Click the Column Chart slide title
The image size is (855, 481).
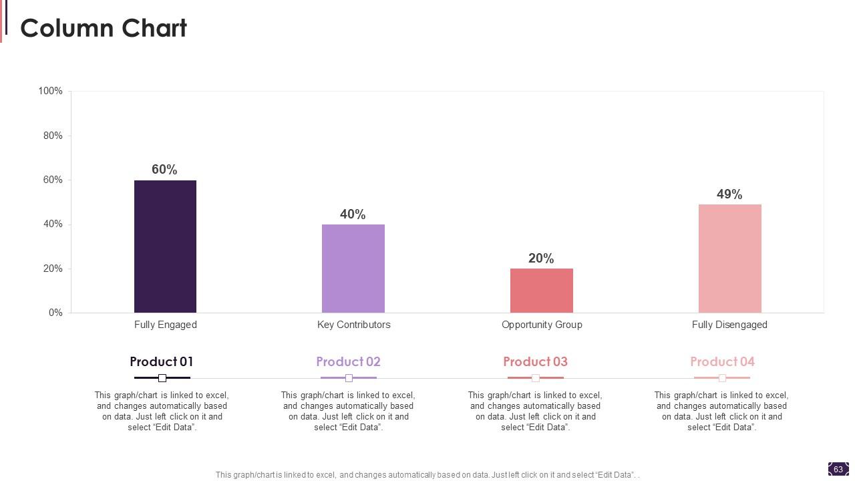(104, 28)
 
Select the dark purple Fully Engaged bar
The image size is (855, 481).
(165, 247)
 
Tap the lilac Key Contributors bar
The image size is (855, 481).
(353, 269)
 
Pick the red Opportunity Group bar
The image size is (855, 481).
(541, 291)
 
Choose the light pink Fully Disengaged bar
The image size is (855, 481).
(729, 259)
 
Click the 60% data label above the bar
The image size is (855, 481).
(164, 170)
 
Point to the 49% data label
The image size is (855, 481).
(729, 194)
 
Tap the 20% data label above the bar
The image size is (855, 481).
(541, 259)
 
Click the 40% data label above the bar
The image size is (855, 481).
(353, 214)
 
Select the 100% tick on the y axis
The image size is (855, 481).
(51, 91)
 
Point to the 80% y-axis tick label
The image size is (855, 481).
(53, 136)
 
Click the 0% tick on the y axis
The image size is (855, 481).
(55, 313)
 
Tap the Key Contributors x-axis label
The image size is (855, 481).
(353, 325)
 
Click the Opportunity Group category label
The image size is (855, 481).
(542, 325)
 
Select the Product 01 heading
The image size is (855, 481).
(162, 361)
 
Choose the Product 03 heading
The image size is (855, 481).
(535, 361)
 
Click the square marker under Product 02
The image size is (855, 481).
(349, 378)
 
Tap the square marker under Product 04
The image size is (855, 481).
(722, 378)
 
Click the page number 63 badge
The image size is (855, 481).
(838, 470)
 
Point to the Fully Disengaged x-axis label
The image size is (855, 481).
(729, 325)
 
